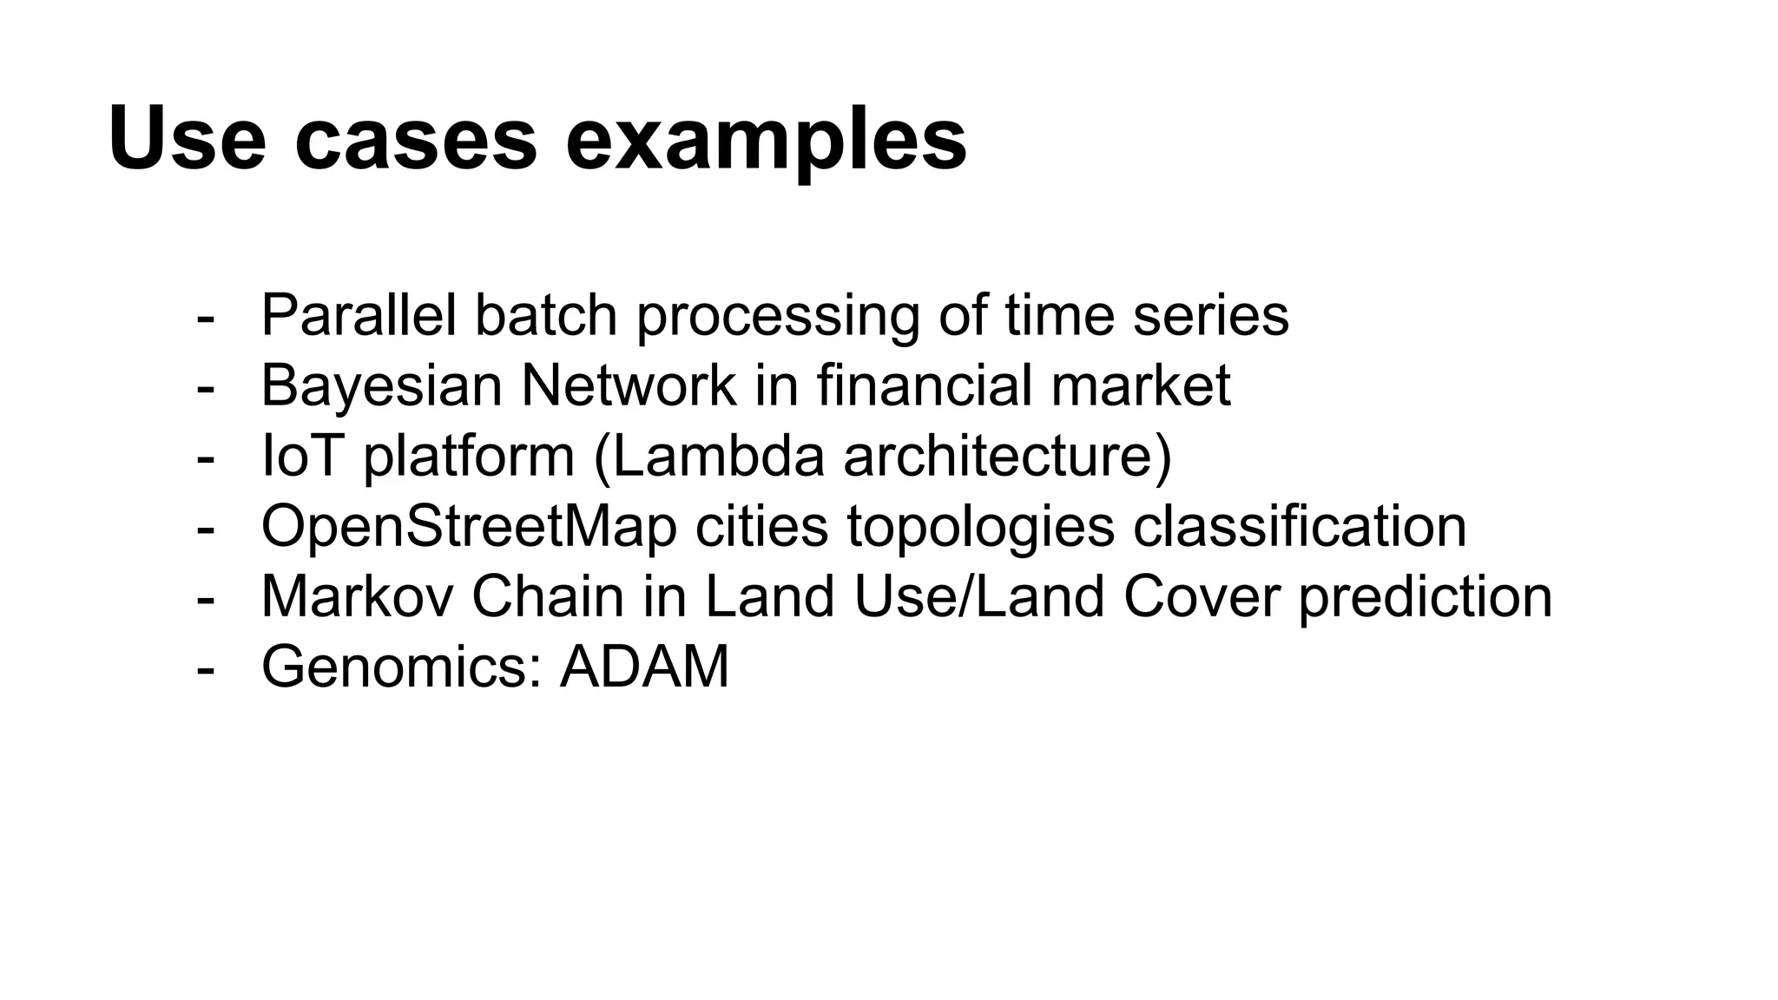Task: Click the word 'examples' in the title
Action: coord(766,139)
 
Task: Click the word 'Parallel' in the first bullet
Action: coord(359,315)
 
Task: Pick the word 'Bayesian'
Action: coord(381,385)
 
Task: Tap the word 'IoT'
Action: coord(300,456)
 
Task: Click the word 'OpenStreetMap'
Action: coord(469,526)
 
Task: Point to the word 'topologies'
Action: coord(980,528)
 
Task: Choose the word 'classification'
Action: coord(1300,526)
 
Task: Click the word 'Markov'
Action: coord(356,596)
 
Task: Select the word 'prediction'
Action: coord(1425,598)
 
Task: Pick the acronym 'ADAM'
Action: coord(644,667)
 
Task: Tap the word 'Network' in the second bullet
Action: coord(628,385)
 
